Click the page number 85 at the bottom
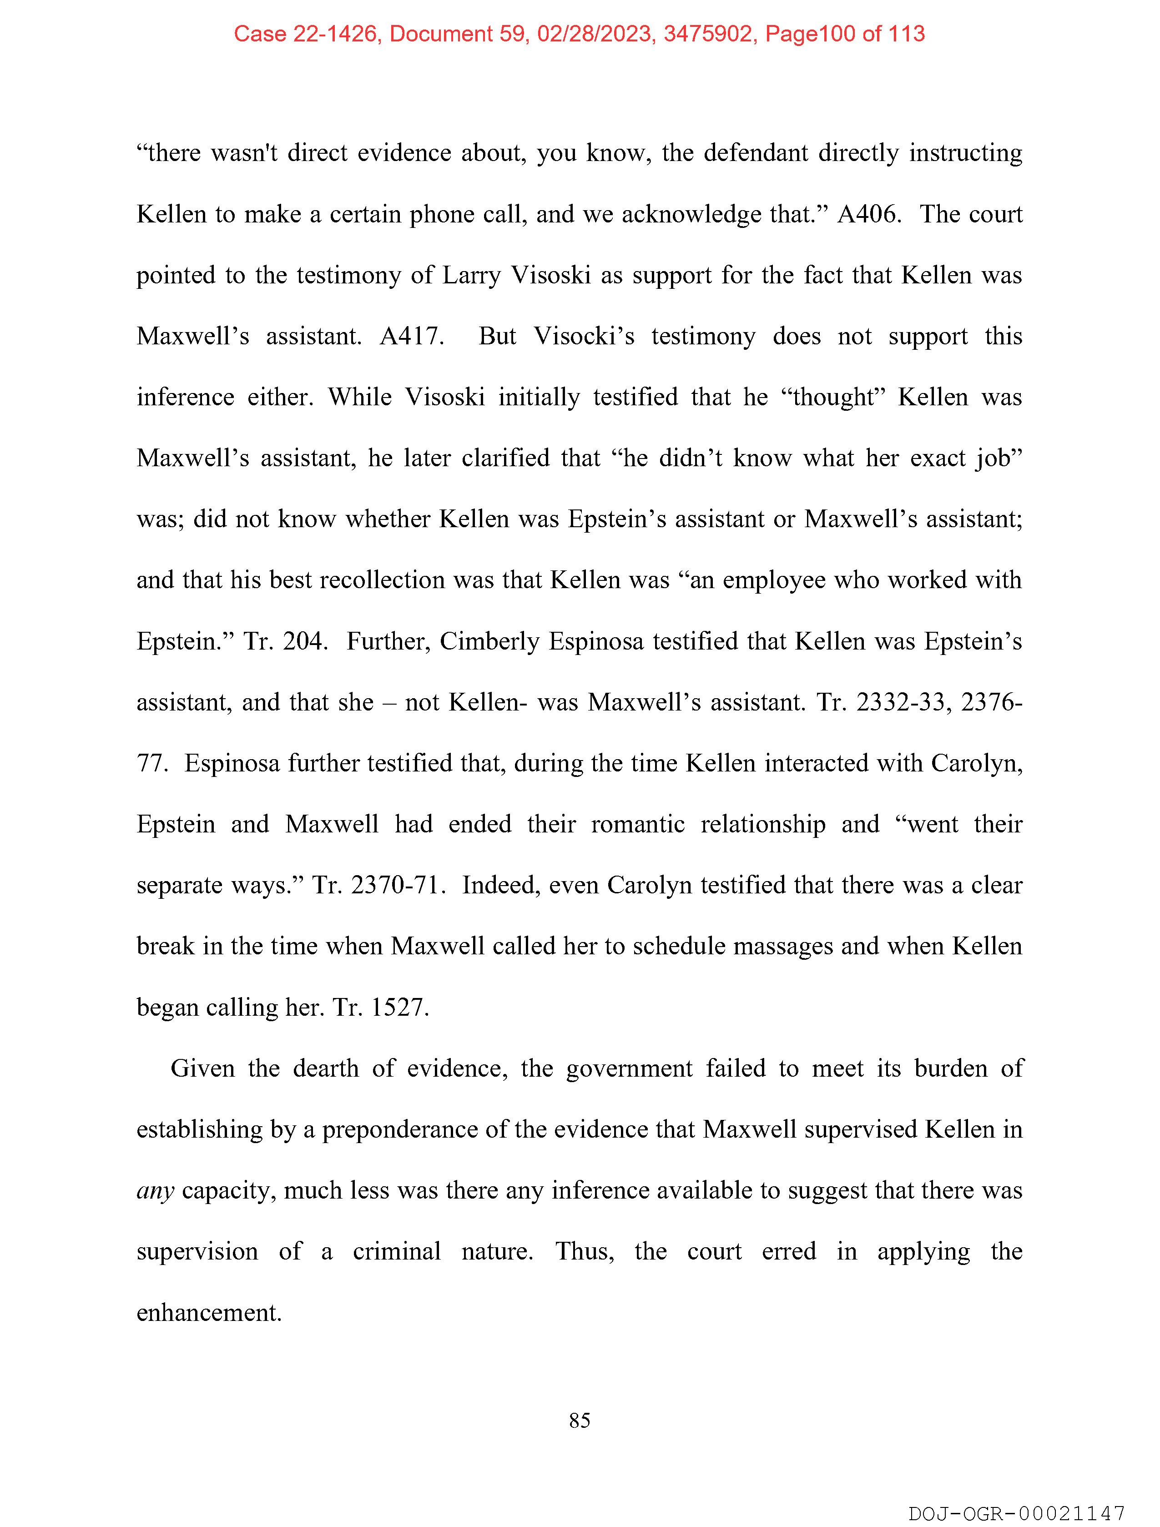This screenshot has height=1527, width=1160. tap(579, 1420)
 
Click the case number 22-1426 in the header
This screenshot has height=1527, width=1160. tap(336, 33)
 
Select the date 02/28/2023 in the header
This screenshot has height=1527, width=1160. tap(595, 33)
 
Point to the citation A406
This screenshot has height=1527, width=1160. tap(868, 214)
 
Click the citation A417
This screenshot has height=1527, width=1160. tap(412, 336)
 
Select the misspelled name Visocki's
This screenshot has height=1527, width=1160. tap(584, 336)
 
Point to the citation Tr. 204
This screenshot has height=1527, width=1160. tap(284, 641)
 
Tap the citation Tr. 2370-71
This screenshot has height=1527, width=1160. tap(376, 885)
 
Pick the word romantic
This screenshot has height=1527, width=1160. tap(637, 824)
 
